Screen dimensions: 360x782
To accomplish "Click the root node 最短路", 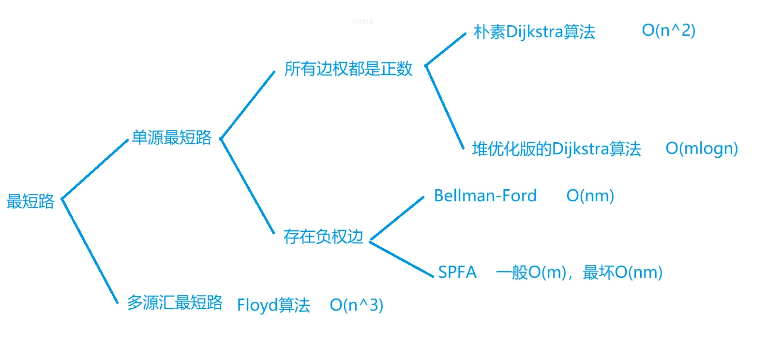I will (x=30, y=201).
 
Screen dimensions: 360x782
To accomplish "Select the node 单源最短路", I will (x=171, y=138).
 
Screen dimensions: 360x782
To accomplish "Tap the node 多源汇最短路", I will (x=174, y=303).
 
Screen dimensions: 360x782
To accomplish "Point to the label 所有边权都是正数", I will (x=348, y=69).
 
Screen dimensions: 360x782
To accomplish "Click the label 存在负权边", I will (x=323, y=237).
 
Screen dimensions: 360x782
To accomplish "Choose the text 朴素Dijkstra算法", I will (x=534, y=32).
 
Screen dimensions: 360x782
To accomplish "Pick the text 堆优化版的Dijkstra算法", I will (x=556, y=149).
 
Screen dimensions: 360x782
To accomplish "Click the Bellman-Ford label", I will (x=485, y=196).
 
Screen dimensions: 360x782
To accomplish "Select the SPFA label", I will (x=457, y=272).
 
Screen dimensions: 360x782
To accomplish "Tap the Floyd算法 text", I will (x=273, y=305).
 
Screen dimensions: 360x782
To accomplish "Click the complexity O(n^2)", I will (x=668, y=30).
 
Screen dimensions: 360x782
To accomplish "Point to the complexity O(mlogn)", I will (x=702, y=149).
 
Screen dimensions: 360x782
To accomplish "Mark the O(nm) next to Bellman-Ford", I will (x=590, y=196).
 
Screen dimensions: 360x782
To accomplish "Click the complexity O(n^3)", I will (x=356, y=305).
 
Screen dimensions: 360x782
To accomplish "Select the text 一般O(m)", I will (x=531, y=272).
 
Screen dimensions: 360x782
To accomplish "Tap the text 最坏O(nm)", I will (x=622, y=272).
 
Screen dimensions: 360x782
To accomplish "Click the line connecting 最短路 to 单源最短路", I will (x=95, y=169).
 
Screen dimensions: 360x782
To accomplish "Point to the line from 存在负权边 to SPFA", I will (x=401, y=259).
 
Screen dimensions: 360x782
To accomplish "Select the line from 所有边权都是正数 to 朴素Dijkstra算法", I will (x=445, y=49).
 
